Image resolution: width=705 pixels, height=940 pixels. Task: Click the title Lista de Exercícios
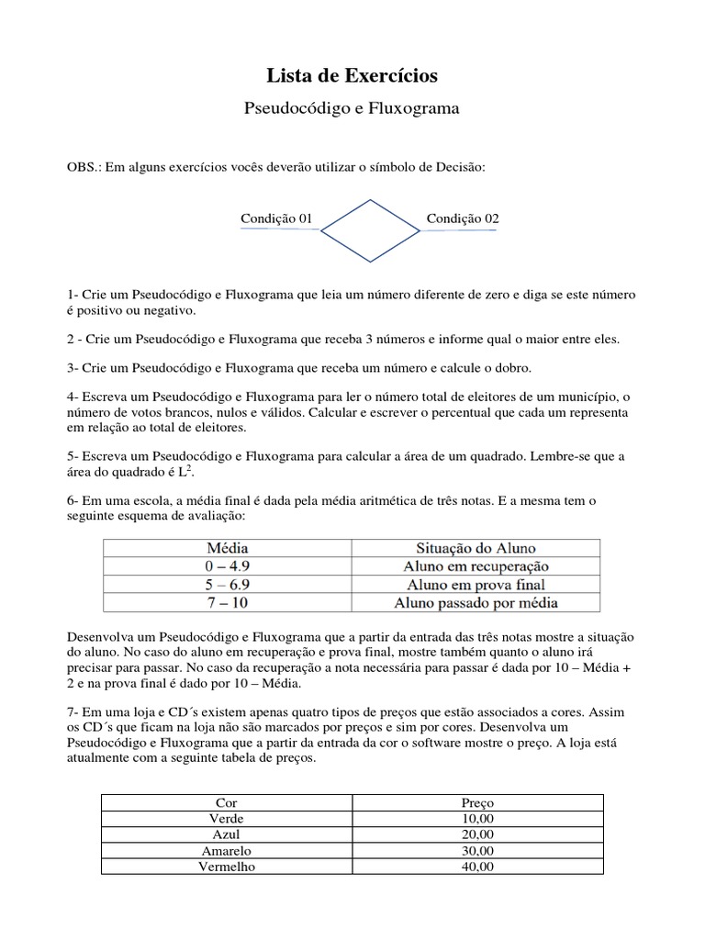[x=352, y=75]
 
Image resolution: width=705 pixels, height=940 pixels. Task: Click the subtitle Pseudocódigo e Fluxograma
[x=352, y=108]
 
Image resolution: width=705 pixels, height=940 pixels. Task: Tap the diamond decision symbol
[x=370, y=230]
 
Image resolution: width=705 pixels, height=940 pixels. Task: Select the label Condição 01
[x=277, y=218]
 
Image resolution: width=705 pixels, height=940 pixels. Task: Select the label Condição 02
[x=463, y=218]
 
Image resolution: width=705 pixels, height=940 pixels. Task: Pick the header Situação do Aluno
[x=476, y=548]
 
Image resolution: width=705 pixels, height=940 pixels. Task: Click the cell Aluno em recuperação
[x=476, y=566]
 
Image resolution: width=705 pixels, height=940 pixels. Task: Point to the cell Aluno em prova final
[x=476, y=585]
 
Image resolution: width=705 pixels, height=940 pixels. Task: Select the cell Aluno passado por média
[x=476, y=603]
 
